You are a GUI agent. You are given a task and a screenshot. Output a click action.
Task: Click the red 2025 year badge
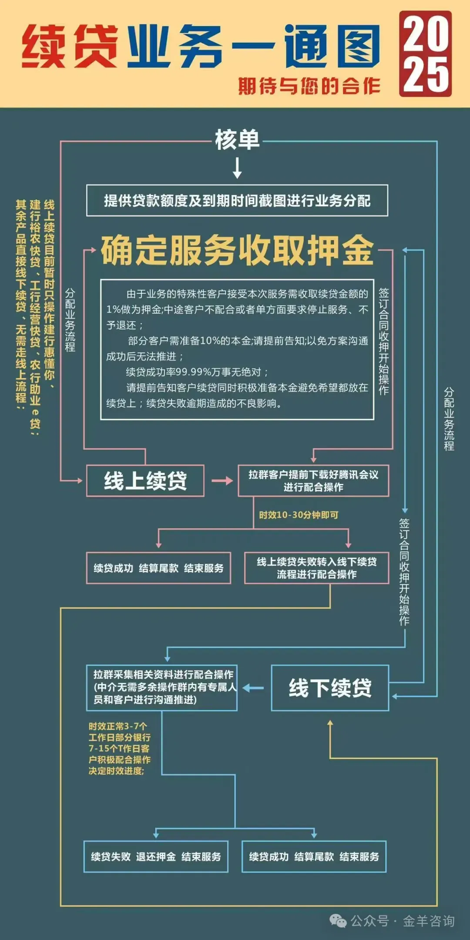(x=425, y=54)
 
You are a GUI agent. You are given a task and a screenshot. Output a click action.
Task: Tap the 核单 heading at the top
(x=237, y=140)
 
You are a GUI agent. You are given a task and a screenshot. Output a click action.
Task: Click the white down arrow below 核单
(x=237, y=168)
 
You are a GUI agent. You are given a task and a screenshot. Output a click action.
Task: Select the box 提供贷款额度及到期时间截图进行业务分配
(x=237, y=201)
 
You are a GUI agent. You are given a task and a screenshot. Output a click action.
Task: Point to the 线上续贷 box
(x=145, y=481)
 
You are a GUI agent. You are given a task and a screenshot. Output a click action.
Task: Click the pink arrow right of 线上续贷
(x=222, y=481)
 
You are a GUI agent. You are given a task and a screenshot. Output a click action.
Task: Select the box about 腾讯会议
(x=313, y=481)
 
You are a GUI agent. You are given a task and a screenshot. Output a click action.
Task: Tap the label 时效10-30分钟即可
(x=299, y=515)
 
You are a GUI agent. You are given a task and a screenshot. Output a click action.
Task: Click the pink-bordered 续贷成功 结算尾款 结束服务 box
(x=158, y=568)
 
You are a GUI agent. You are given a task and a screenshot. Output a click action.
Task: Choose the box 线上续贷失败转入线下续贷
(x=316, y=568)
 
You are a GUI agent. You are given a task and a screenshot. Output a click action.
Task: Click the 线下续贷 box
(x=330, y=688)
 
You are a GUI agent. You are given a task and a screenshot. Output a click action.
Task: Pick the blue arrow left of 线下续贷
(x=253, y=688)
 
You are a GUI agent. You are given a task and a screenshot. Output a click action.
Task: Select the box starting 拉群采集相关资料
(x=162, y=688)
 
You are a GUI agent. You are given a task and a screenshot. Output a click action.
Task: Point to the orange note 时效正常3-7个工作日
(x=120, y=749)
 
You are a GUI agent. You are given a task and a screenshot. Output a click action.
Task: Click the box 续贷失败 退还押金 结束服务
(x=156, y=856)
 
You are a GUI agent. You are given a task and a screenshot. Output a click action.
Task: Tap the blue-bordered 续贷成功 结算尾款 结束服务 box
(x=314, y=856)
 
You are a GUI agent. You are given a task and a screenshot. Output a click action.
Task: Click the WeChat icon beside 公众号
(x=338, y=921)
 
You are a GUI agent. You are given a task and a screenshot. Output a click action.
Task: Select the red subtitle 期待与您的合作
(x=309, y=86)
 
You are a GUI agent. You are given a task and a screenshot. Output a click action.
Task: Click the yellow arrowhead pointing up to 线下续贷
(x=330, y=723)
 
